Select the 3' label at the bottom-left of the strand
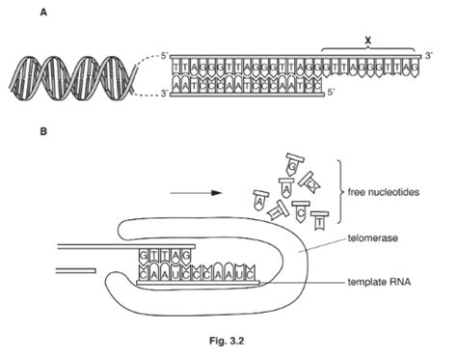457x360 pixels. (164, 93)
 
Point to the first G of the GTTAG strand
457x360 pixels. (146, 256)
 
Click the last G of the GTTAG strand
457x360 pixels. (188, 256)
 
